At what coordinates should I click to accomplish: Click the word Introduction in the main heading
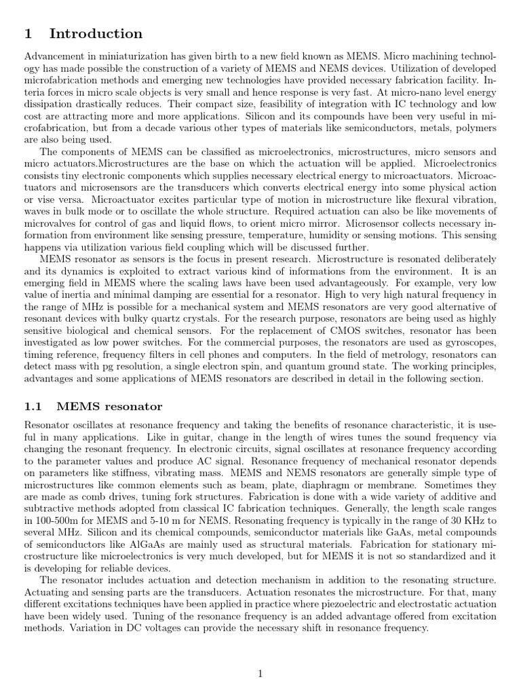[96, 34]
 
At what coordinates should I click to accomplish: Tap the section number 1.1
[33, 407]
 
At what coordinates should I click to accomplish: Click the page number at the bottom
[260, 673]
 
